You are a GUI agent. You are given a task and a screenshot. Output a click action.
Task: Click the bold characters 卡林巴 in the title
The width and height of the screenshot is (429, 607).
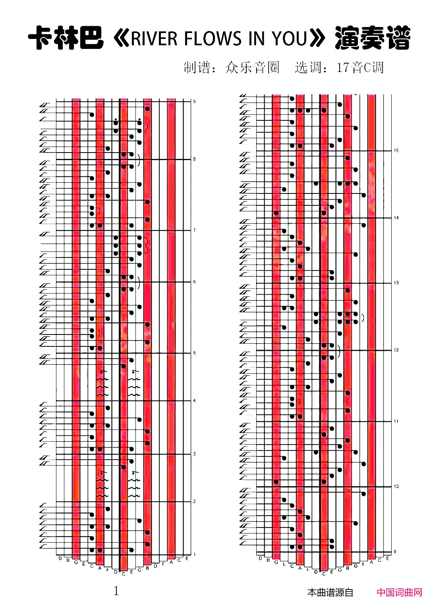point(66,38)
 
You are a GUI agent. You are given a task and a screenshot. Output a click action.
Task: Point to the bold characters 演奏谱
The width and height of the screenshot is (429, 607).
point(372,38)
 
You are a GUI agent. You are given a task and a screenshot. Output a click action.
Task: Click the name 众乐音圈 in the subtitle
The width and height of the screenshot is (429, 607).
point(253,68)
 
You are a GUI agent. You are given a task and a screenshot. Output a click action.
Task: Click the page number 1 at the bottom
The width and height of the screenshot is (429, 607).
point(116,591)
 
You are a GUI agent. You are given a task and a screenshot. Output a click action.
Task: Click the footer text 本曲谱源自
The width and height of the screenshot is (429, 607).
point(330,593)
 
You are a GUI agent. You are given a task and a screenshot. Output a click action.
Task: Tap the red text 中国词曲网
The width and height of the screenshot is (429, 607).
point(399,593)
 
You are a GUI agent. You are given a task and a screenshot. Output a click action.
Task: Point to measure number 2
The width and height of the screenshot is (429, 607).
point(194,501)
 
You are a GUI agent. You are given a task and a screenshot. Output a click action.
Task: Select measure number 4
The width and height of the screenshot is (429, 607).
point(194,400)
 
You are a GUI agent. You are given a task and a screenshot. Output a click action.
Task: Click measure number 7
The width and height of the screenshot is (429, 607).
point(194,230)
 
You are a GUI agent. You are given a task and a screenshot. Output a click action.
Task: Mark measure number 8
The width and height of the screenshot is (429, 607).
point(194,159)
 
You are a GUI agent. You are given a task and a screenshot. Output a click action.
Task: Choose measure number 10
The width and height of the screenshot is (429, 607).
point(396,486)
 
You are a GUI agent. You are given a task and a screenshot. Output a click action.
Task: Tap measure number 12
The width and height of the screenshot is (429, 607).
point(396,350)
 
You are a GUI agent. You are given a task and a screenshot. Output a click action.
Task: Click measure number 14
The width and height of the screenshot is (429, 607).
point(396,218)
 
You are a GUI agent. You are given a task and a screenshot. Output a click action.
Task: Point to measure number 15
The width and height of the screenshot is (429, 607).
point(396,151)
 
